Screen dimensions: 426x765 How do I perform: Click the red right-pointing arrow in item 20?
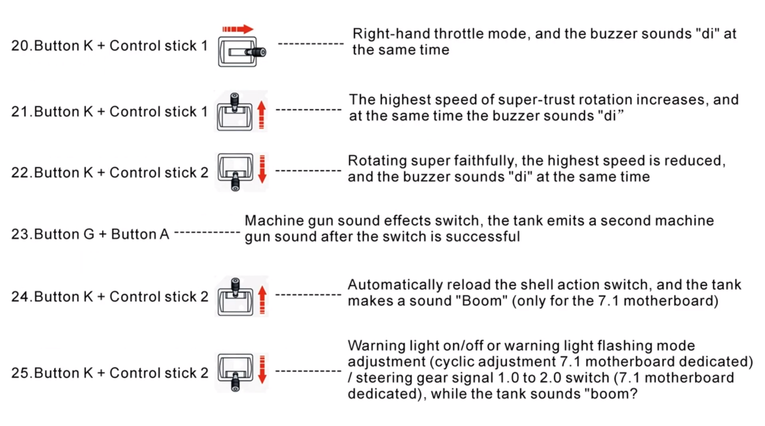238,29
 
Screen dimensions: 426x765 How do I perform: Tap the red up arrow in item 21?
261,114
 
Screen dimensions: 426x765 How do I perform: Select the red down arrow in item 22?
262,169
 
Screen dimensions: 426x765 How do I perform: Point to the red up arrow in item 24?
262,299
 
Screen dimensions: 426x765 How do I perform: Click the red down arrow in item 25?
262,369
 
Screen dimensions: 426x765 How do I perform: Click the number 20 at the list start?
20,46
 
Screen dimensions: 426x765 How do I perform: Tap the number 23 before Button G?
20,234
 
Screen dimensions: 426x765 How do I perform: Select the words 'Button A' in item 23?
140,234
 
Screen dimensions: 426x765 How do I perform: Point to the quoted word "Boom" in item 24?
481,301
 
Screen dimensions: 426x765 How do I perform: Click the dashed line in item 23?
207,233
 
